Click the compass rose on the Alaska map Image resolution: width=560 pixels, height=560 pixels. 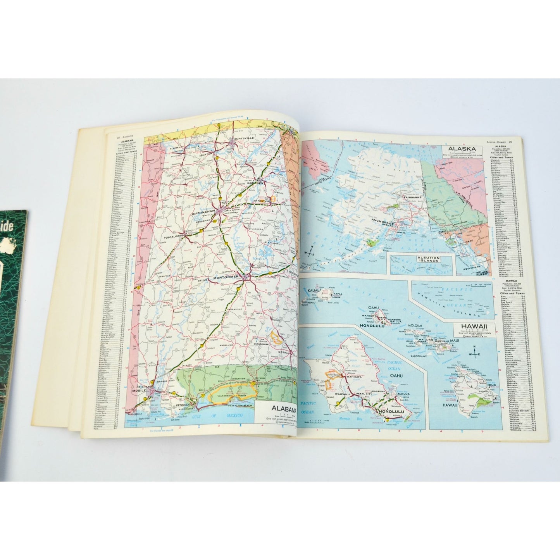point(310,253)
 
